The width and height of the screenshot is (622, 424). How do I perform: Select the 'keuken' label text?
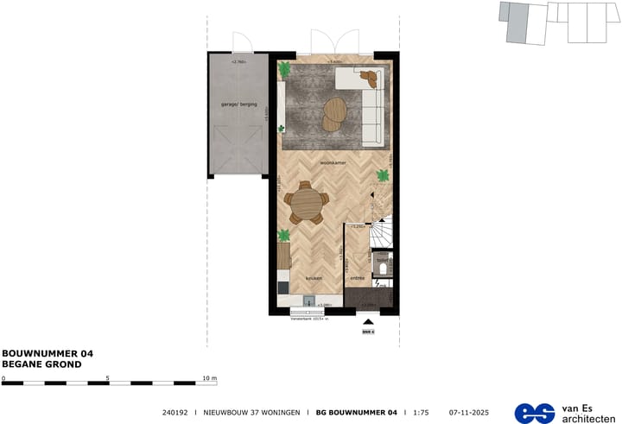coord(313,278)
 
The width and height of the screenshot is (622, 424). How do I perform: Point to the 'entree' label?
coord(356,278)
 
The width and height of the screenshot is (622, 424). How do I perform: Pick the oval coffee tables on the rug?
coord(333,113)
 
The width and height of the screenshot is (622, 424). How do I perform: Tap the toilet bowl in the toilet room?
coord(383,278)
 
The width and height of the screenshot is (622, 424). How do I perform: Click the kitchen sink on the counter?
coord(308,301)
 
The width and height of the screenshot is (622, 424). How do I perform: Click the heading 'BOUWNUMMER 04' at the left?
coord(48,353)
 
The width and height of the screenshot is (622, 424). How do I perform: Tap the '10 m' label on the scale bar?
coord(209,378)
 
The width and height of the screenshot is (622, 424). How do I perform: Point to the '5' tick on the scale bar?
coord(108,378)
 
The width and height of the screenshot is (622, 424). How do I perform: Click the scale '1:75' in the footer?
coord(420,412)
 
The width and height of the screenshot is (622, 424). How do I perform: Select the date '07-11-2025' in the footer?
coord(469,412)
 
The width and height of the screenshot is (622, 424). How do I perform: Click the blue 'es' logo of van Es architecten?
coord(535,412)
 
